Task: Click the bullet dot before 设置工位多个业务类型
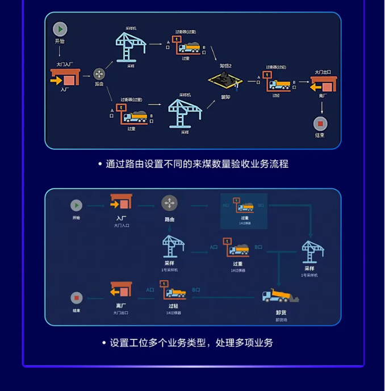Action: [104, 343]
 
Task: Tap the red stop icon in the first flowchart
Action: [320, 123]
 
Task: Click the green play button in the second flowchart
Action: [76, 205]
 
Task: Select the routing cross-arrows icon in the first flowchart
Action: [99, 74]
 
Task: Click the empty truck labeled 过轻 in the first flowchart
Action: [279, 85]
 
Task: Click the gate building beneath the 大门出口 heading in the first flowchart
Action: [324, 85]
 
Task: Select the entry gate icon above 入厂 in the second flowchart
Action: [121, 202]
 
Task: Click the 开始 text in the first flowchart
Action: [60, 41]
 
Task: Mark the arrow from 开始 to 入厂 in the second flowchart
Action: [98, 205]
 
